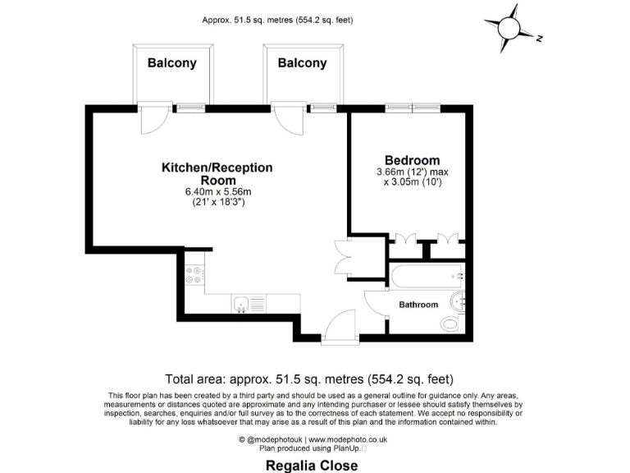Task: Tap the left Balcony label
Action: [x=171, y=63]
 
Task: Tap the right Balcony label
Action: [x=302, y=63]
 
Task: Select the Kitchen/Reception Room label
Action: [x=217, y=173]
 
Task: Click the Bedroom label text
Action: [x=413, y=160]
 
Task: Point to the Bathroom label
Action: [x=418, y=305]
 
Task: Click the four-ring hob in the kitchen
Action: [x=195, y=276]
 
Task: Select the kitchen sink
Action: [x=241, y=305]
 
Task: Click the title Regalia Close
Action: [x=312, y=466]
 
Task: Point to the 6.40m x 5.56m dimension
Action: [x=217, y=192]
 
